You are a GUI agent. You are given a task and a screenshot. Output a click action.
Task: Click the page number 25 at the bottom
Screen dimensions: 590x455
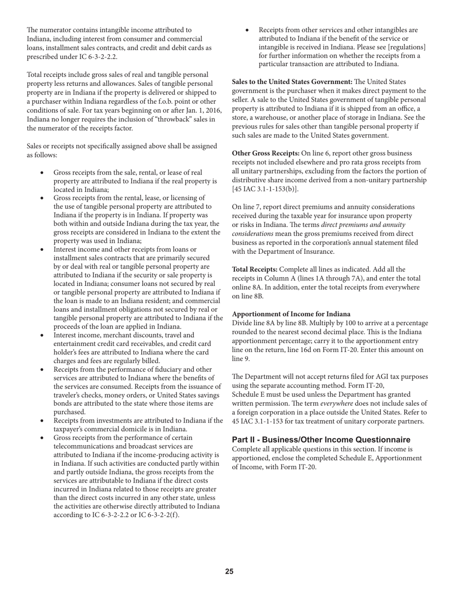pos(229,571)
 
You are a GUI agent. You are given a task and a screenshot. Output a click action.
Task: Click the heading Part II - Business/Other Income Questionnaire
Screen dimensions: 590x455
pos(321,440)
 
